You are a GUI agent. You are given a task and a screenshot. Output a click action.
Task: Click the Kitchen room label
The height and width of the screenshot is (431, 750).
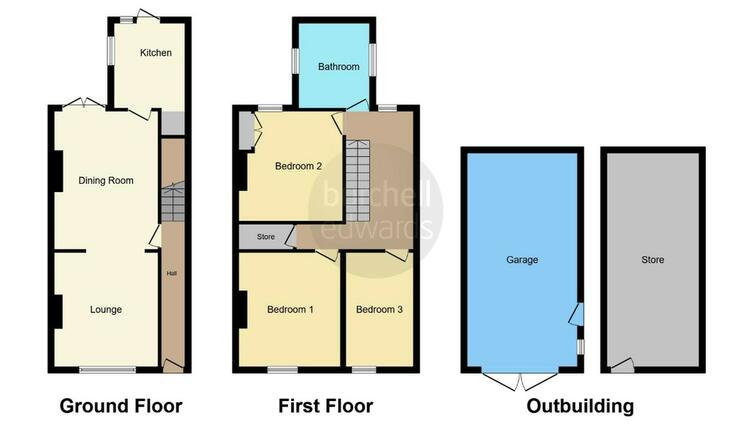pos(155,53)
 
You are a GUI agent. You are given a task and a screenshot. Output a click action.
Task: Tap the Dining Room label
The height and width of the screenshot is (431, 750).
pos(106,180)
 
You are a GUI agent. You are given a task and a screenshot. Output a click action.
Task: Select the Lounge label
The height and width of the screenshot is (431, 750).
pos(106,309)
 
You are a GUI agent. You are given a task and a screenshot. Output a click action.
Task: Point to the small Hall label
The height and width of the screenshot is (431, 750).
pos(172,274)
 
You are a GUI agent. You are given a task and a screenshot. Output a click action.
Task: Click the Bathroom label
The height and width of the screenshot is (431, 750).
pos(339,66)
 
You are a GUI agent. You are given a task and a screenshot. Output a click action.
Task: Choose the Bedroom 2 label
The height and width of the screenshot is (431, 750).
pos(298,166)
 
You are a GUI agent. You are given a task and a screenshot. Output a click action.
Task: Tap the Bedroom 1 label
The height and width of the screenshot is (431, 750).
pos(290,309)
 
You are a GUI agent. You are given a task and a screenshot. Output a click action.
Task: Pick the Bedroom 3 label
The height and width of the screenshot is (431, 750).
pos(379,309)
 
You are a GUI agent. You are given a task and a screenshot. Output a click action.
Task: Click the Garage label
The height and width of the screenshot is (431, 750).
pos(522,260)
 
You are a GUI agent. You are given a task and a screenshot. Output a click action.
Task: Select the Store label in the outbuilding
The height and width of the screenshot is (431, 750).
pos(652,260)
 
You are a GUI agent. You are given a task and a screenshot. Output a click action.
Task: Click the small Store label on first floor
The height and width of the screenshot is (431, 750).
pos(265,237)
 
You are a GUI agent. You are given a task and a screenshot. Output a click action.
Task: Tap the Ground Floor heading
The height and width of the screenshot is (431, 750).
pos(121,406)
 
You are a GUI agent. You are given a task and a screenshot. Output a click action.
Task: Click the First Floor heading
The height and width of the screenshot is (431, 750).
pos(326,406)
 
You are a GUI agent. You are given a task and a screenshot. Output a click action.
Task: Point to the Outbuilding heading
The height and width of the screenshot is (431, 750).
pos(580,406)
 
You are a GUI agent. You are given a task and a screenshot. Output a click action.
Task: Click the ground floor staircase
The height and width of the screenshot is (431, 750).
pos(173,201)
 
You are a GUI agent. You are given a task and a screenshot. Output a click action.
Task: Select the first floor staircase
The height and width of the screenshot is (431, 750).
pos(358,180)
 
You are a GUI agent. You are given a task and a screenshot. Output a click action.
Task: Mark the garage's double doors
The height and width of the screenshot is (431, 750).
pos(520,381)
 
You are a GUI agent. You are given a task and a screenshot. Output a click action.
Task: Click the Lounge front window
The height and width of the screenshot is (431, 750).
pos(108,370)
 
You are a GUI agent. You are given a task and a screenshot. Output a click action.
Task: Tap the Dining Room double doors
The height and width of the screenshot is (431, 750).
pos(83,103)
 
